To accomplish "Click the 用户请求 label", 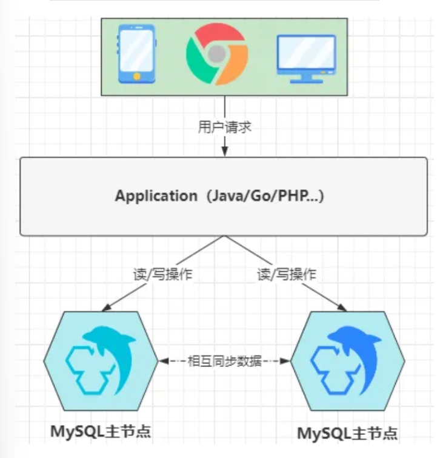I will pos(225,127).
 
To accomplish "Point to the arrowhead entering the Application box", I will pos(225,152).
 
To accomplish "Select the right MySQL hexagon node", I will pos(348,362).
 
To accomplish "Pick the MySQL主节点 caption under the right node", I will pos(348,433).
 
